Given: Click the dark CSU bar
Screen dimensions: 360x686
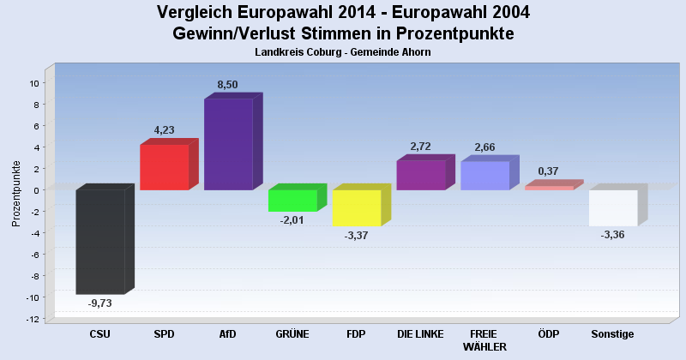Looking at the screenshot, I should pos(100,242).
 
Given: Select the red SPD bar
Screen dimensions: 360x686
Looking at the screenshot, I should pos(164,167).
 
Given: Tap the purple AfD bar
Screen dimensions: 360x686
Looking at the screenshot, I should pos(228,144).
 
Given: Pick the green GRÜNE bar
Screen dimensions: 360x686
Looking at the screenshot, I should pos(292,200).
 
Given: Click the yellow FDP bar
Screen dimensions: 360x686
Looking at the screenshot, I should pos(356,207).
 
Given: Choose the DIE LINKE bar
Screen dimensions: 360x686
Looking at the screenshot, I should pos(420,175).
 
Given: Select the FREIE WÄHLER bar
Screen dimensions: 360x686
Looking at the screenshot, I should pos(484,176).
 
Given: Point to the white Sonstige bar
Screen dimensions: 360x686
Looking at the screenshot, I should pos(613,207).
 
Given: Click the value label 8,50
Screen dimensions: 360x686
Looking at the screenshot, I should pos(228,84).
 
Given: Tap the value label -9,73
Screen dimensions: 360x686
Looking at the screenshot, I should pos(100,303).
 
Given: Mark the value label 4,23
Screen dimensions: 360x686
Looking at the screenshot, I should pos(164,130).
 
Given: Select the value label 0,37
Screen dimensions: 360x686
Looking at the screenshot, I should pos(548,171).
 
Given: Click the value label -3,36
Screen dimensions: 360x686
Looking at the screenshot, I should pos(613,234).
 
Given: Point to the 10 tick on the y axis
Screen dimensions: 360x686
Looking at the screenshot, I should pos(33,83).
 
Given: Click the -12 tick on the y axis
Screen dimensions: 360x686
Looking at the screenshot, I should pos(32,319).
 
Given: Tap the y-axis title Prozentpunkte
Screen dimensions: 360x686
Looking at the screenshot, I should pos(16,193).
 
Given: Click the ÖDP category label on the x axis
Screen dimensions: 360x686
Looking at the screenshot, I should pos(548,334).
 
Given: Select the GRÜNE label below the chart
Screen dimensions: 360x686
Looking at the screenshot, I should pos(292,334).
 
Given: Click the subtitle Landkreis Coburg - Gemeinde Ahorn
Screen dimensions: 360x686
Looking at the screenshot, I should pos(343,52).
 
